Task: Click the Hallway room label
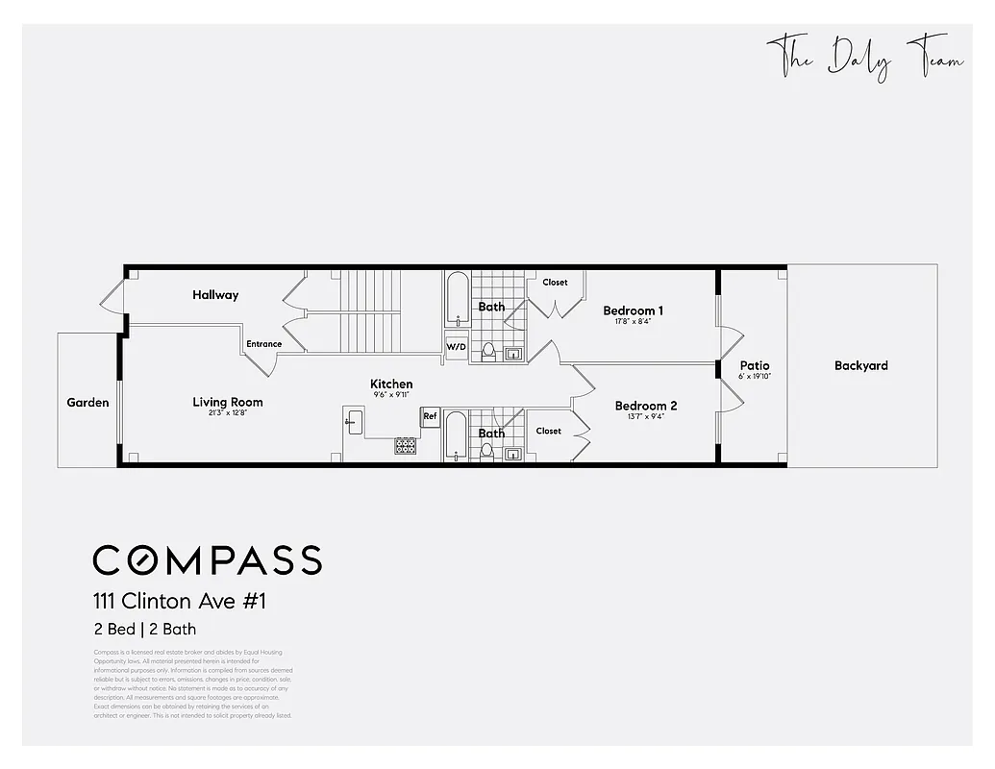tap(215, 295)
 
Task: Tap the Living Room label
tap(228, 403)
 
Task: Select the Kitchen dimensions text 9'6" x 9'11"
tap(391, 395)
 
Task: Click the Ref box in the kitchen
tap(431, 417)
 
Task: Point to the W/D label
tap(456, 347)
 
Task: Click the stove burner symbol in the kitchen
tap(406, 445)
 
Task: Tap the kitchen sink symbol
tap(354, 420)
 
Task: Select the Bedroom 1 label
tap(633, 310)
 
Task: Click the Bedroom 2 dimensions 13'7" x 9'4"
tap(646, 417)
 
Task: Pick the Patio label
tap(755, 366)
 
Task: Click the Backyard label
tap(860, 366)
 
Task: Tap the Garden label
tap(87, 403)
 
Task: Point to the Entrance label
tap(264, 344)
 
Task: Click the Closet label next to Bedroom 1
tap(555, 283)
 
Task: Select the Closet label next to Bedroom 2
tap(549, 432)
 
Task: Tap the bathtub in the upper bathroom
tap(458, 300)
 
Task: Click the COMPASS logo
tap(207, 559)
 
